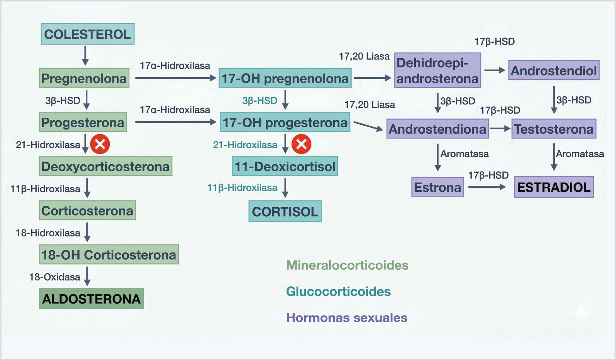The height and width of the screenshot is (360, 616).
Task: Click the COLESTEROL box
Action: coord(88,34)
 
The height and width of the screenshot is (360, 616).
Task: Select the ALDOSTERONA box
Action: coord(91,299)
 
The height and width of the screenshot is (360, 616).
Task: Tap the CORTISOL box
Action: coord(285,211)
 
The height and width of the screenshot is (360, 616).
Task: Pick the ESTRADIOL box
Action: coord(554,187)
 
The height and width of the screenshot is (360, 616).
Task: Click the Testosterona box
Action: coord(554,129)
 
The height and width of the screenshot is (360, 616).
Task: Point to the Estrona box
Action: coord(437,187)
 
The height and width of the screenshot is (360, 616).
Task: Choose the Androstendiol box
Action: coord(554,70)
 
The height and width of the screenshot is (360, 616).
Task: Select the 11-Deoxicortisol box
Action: coord(285,166)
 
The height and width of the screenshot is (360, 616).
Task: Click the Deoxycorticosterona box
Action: coord(105,166)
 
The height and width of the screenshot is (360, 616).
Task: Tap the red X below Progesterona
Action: coord(100,144)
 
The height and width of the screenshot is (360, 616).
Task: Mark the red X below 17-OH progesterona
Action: coord(301,144)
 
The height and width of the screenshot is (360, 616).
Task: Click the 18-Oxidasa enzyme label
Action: coord(55,277)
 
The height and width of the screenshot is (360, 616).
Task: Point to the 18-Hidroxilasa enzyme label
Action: coord(48,233)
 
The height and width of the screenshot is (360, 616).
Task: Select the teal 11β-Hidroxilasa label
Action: coord(242,187)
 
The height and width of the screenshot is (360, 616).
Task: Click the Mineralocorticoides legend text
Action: coord(347,265)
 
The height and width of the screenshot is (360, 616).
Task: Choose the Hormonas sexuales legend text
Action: coord(347,318)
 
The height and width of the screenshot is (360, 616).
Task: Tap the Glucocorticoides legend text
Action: coord(338,291)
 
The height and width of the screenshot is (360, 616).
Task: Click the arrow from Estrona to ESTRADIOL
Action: coord(487,187)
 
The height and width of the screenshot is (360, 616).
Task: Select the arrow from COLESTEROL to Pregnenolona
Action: coord(85,56)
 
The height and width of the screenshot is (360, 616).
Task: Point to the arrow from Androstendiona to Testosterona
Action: coord(500,128)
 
